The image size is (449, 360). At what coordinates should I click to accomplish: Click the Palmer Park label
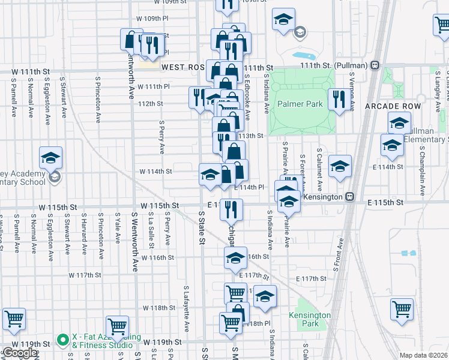coord(300,104)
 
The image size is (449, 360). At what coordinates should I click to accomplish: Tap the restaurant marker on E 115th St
coord(231,209)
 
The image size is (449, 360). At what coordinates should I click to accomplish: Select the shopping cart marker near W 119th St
coord(117,326)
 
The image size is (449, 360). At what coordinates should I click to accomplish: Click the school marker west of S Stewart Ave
coord(51,158)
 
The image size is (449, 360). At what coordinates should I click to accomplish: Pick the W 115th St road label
coord(160,205)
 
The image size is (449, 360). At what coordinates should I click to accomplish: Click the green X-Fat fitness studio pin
coord(62,340)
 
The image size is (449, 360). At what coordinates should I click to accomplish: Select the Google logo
coord(20,353)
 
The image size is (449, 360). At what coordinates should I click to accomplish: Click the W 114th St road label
coord(155,171)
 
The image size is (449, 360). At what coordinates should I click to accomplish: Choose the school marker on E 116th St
coord(235,259)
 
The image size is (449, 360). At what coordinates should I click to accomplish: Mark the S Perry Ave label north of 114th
coord(161,137)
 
